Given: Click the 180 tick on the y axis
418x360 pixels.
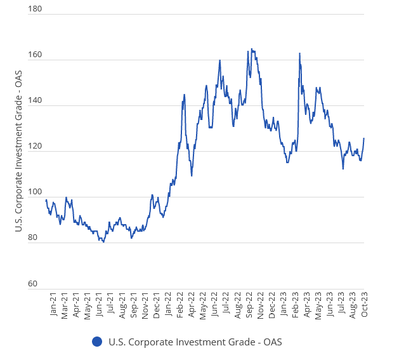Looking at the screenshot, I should click(x=36, y=10).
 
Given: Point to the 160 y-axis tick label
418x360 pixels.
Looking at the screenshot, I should click(x=36, y=55).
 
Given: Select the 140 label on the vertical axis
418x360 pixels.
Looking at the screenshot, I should click(x=36, y=101).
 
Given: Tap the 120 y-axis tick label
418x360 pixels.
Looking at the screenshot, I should click(x=36, y=147).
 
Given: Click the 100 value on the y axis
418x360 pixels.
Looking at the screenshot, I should click(x=36, y=192).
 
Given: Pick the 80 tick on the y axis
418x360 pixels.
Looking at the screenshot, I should click(x=36, y=238).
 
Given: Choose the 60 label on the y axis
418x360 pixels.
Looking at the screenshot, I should click(x=36, y=284).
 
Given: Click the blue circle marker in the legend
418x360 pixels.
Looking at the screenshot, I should click(x=97, y=342).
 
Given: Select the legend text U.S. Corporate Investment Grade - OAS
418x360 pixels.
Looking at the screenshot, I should click(x=195, y=342).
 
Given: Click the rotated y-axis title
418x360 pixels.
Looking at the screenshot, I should click(x=18, y=151).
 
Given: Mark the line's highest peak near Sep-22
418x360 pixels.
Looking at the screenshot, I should click(x=251, y=49).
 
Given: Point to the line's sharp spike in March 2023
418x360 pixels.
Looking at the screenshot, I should click(x=299, y=53).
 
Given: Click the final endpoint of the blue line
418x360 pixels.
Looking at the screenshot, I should click(x=363, y=138).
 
